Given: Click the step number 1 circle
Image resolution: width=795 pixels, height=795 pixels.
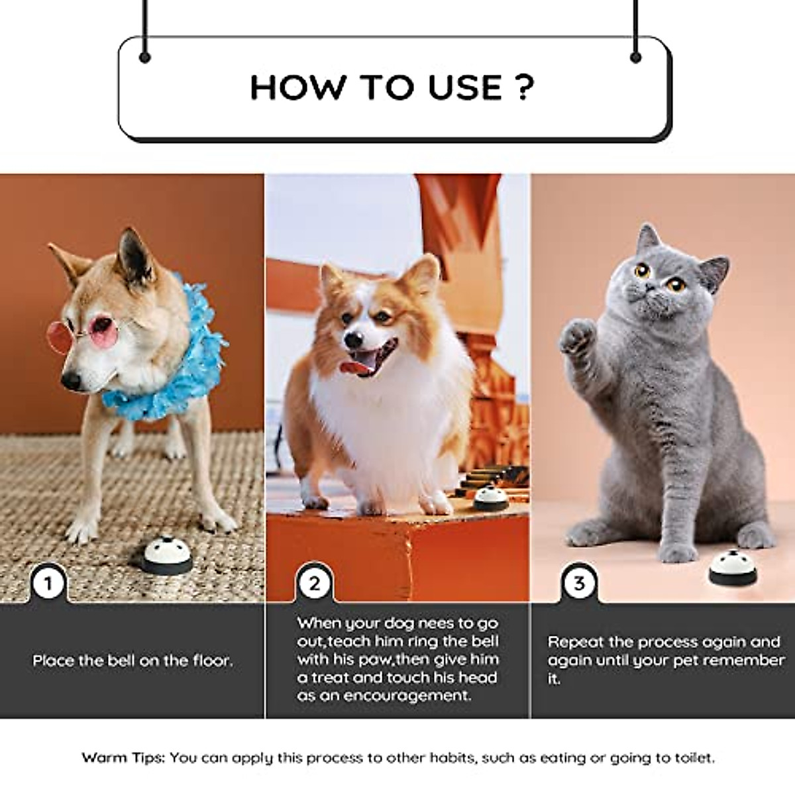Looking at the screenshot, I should (x=48, y=584).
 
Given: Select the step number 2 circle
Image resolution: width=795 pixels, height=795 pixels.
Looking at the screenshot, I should (x=314, y=584).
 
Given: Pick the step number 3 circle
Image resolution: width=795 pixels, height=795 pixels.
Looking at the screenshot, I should (x=580, y=584).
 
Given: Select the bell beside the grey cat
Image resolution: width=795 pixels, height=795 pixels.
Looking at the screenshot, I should (x=732, y=567).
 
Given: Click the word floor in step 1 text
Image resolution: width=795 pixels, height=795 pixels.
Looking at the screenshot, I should (x=211, y=661).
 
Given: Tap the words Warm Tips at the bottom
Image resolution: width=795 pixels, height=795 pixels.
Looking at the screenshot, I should (x=123, y=757).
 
